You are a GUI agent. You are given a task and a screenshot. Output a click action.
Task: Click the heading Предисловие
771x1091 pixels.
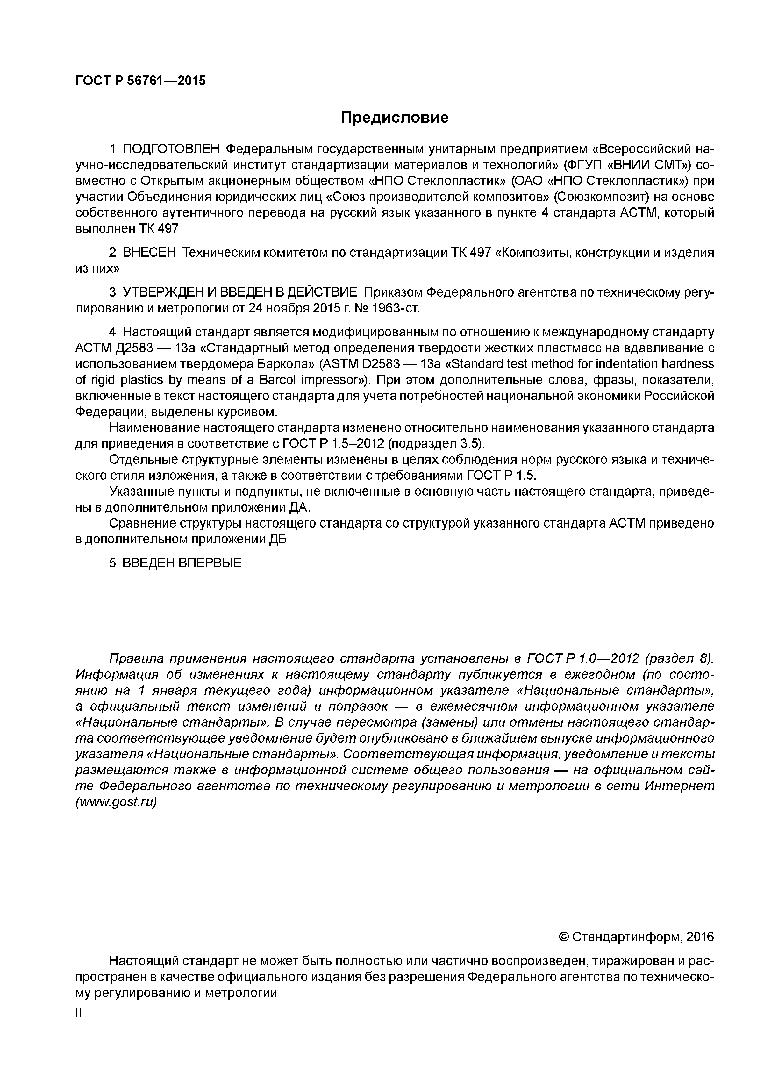[x=395, y=117]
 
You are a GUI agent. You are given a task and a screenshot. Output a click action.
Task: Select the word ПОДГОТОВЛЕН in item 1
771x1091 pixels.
[x=171, y=149]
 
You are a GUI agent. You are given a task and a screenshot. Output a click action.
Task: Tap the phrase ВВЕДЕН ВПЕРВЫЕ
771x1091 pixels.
[x=182, y=563]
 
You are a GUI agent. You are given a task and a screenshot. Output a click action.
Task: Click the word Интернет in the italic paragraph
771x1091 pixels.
[x=679, y=786]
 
